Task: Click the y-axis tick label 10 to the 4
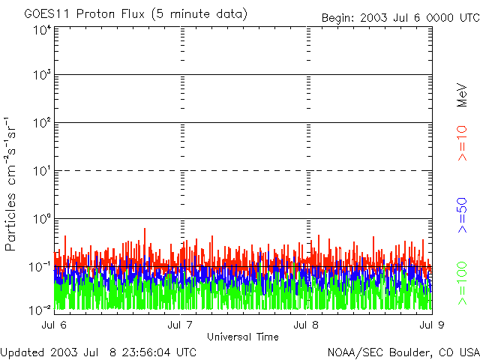(x=40, y=30)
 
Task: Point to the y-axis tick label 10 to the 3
(x=40, y=76)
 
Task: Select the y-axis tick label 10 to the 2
(x=40, y=123)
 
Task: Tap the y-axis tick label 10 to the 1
(x=40, y=171)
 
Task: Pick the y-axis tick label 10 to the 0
(x=40, y=219)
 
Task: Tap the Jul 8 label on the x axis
(x=307, y=325)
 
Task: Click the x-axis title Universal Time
(x=242, y=336)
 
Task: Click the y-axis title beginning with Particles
(x=13, y=183)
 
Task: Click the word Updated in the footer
(x=22, y=352)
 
